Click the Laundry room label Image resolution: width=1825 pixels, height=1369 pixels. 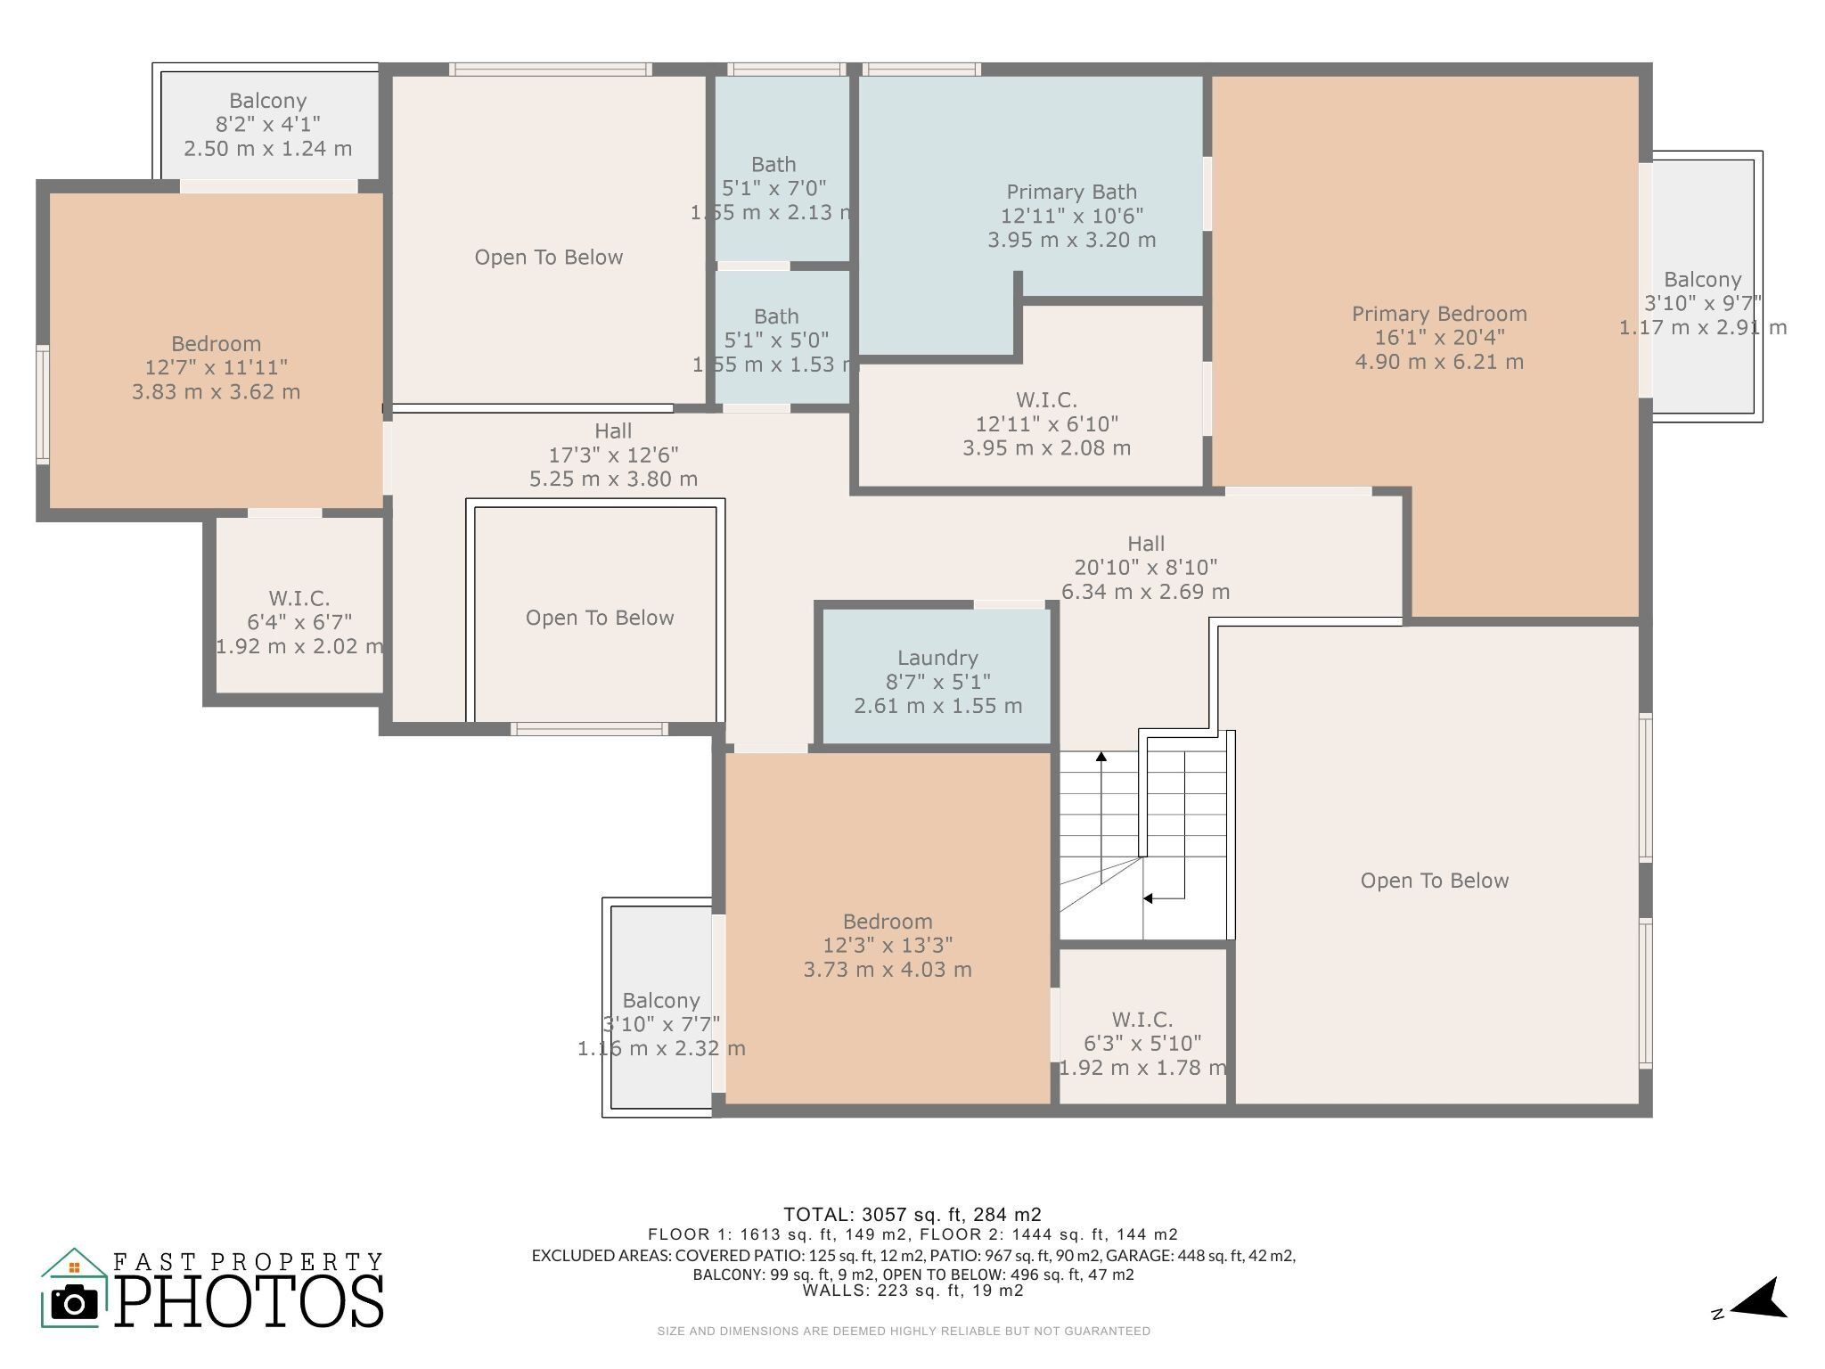point(937,658)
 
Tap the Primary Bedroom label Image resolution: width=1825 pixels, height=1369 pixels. point(1439,314)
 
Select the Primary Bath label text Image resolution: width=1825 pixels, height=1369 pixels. point(1071,192)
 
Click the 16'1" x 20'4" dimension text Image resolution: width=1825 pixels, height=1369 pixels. point(1439,338)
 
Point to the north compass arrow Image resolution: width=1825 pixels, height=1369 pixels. point(1760,1300)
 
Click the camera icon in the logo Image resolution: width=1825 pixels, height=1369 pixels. point(74,1303)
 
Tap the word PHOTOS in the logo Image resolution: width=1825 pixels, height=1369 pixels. point(250,1302)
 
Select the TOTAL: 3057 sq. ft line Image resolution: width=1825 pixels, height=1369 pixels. point(912,1214)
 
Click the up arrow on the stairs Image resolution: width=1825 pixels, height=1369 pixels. point(1101,757)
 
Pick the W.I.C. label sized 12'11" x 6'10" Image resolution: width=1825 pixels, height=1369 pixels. point(1046,400)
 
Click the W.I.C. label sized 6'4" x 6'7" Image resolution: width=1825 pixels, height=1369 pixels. point(299,598)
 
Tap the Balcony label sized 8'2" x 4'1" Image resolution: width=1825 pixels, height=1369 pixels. point(267,101)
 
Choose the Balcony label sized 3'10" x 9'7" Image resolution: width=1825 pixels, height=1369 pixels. point(1702,280)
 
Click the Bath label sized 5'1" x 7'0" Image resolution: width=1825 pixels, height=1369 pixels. point(773,165)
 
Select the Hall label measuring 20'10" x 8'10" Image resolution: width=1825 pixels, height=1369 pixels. point(1146,544)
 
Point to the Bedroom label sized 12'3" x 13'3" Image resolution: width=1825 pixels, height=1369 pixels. point(888,922)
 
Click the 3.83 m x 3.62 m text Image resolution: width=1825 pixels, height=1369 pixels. point(216,392)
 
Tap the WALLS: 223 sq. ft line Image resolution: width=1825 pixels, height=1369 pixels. point(912,1291)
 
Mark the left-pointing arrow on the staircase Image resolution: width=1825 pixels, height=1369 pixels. point(1150,898)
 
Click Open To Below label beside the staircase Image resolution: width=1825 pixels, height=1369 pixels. point(1434,881)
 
